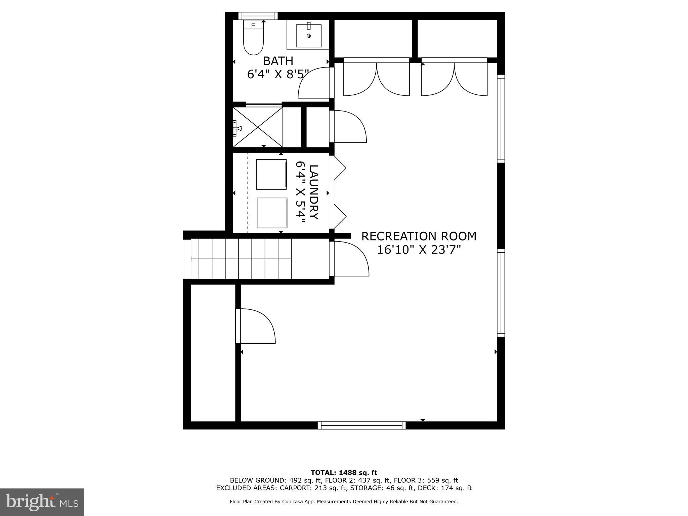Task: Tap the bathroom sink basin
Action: tap(308, 35)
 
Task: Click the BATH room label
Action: tap(278, 61)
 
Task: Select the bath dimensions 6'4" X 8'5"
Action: tap(278, 74)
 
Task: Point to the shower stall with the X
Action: tap(258, 127)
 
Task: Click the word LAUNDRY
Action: tap(313, 192)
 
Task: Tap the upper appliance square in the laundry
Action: tap(271, 174)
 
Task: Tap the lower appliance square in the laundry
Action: tap(272, 213)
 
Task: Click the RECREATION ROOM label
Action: tap(419, 236)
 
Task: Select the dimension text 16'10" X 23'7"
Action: tap(419, 250)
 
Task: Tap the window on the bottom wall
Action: tap(361, 425)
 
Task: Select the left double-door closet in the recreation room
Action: tap(376, 79)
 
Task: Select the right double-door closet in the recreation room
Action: tap(454, 79)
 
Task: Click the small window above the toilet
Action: tap(258, 16)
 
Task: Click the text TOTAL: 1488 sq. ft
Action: tap(344, 473)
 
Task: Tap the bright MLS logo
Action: tap(42, 502)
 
